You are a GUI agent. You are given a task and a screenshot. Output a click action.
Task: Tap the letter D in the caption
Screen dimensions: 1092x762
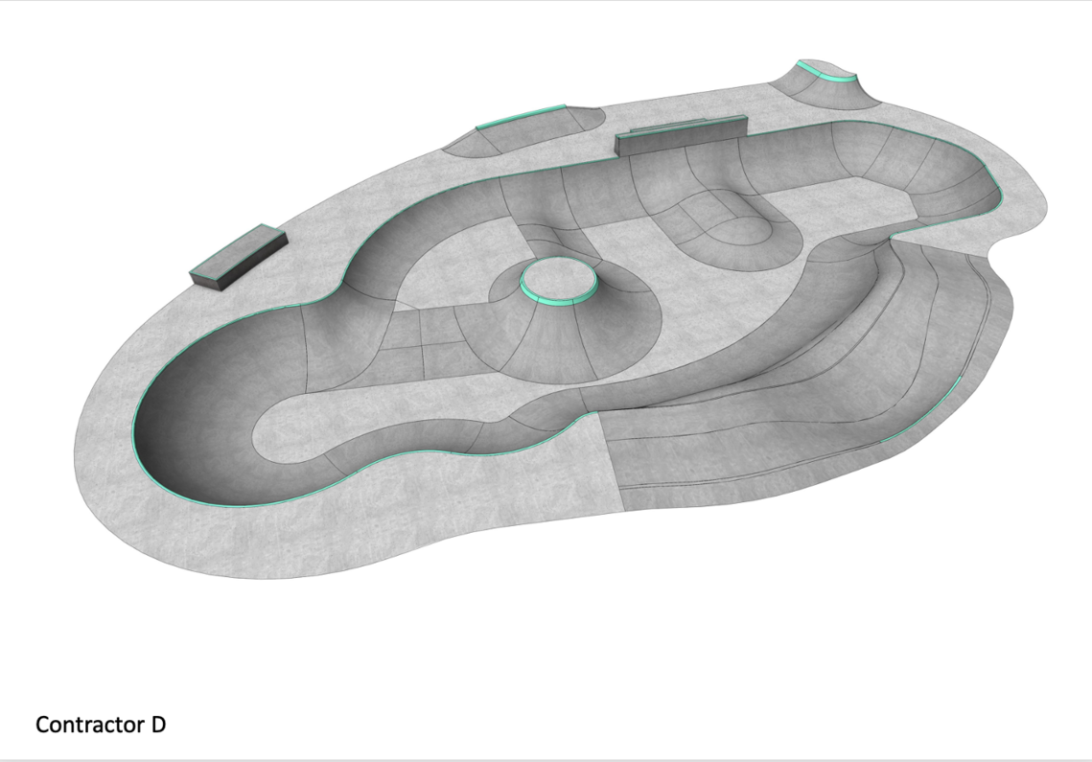[x=158, y=725]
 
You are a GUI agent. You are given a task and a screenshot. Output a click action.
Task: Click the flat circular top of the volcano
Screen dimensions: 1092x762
[x=559, y=278]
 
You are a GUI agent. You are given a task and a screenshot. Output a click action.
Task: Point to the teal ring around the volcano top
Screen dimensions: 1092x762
[x=559, y=299]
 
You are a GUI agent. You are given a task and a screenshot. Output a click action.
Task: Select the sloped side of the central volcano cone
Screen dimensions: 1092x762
[x=557, y=341]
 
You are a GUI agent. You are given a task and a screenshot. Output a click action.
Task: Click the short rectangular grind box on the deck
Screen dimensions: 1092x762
[x=239, y=256]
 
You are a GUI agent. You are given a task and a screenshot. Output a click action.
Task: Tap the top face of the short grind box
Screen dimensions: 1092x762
[x=239, y=251]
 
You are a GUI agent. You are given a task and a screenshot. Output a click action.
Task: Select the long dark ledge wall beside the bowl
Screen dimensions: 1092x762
[x=681, y=135]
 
